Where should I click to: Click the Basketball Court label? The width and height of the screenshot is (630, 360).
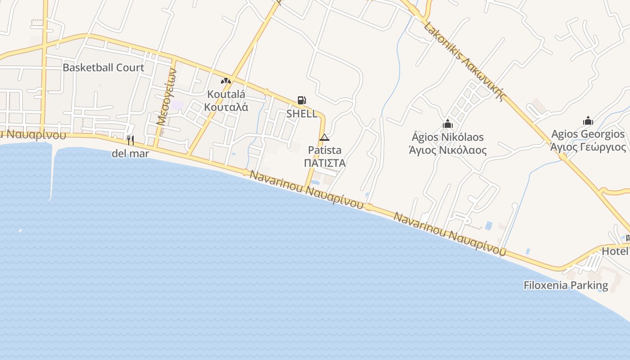point(103,68)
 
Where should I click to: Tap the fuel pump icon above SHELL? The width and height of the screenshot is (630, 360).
point(301,100)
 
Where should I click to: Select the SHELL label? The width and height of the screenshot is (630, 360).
point(302,114)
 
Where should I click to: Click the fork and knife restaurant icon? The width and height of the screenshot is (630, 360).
point(130,140)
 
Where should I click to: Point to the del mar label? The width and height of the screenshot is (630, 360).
point(130,154)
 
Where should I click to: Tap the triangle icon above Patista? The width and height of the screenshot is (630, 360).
point(324,137)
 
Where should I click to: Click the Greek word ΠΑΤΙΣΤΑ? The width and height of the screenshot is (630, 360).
point(325,163)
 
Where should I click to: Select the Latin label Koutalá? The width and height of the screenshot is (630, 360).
point(226,94)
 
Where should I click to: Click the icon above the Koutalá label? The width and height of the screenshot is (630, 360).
point(226,81)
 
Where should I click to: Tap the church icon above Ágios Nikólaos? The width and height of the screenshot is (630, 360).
point(448,123)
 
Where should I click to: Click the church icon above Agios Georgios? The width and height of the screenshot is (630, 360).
point(588,121)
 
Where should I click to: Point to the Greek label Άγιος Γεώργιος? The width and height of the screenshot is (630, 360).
point(588,147)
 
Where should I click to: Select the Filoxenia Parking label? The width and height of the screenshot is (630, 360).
point(566,285)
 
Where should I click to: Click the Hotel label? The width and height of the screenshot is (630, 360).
point(616,251)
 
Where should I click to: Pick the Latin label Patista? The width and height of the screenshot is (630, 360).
point(325,150)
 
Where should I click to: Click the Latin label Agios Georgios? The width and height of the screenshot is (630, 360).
point(588,134)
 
